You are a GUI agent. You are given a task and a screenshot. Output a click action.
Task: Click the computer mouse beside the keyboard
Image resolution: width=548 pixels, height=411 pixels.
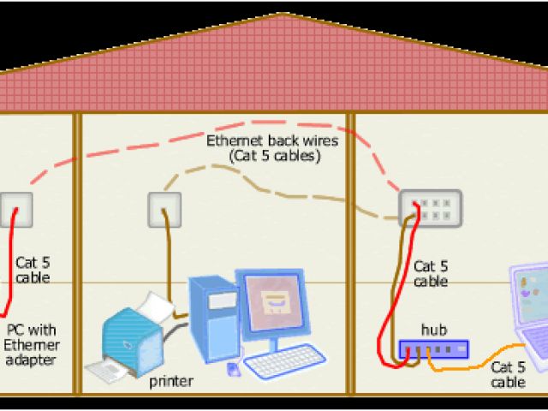[x=232, y=368]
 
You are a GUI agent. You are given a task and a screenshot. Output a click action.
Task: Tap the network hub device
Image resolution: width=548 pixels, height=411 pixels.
[x=433, y=349]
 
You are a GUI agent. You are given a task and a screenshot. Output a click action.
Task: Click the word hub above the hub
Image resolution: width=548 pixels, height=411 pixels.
[x=433, y=330]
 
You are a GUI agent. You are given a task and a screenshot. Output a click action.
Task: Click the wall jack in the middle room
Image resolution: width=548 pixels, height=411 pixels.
[x=164, y=208]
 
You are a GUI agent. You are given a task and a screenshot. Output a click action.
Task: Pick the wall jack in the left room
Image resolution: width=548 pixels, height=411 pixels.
[x=16, y=208]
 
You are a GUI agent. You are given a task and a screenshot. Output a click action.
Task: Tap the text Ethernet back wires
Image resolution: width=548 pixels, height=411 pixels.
[x=272, y=140]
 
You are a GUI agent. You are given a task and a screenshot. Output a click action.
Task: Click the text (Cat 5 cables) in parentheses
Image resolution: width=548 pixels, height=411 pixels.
[x=274, y=157]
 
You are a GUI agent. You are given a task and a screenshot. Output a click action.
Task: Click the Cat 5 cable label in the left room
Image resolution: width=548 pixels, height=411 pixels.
[x=33, y=270]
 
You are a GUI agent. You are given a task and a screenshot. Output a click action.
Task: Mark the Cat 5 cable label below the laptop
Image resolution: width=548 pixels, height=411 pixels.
[x=509, y=374]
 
